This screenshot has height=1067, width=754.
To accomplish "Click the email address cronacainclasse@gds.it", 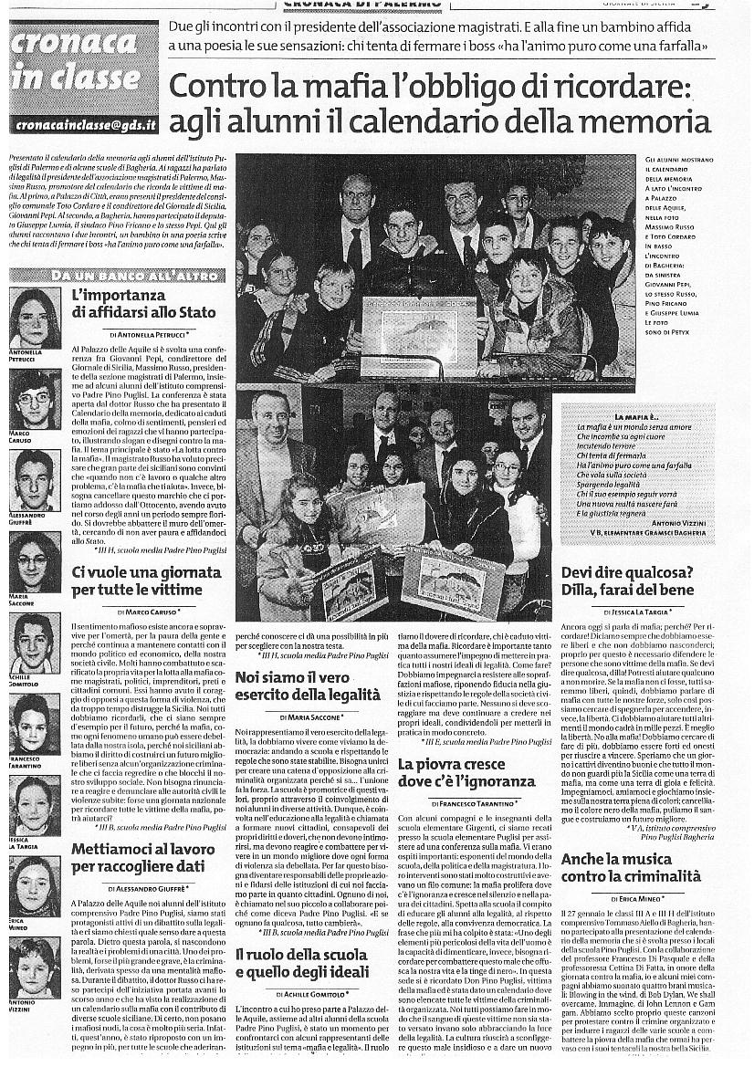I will tap(83, 124).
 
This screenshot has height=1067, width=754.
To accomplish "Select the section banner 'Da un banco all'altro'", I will tap(117, 274).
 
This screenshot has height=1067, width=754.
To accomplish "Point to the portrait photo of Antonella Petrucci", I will tap(34, 318).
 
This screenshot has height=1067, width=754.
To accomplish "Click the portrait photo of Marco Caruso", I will tap(34, 399).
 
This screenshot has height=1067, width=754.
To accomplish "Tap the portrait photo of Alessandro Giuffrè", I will tap(34, 479).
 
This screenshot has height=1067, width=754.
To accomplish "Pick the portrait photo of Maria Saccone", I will tap(34, 560).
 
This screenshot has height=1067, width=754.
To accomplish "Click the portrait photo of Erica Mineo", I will tap(34, 886).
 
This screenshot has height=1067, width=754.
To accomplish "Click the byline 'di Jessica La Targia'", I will tap(630, 609).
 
